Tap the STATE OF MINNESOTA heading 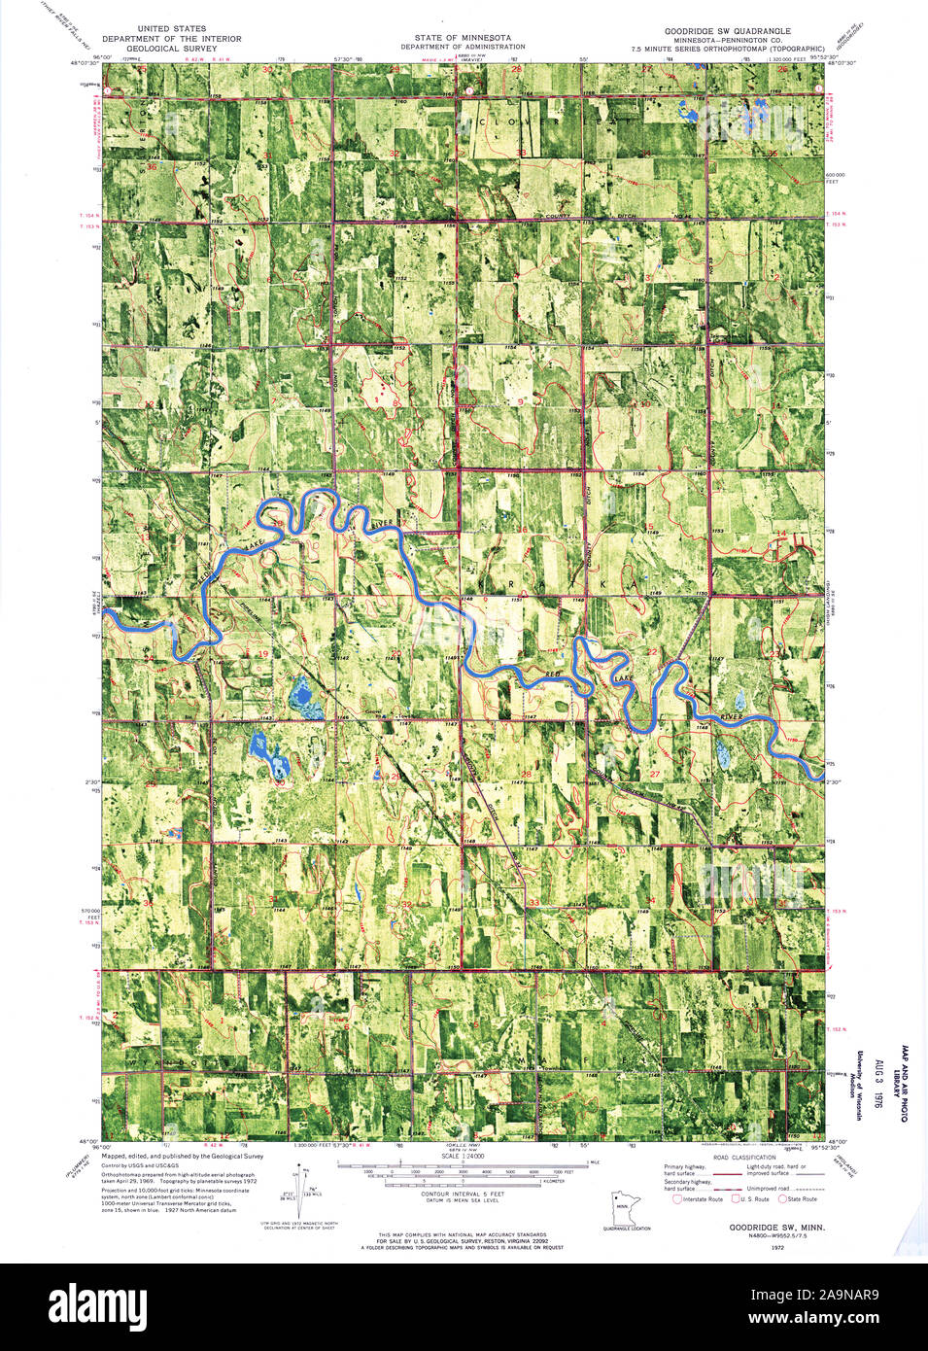(x=463, y=38)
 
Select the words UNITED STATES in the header (x=171, y=29)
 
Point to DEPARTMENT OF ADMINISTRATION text (x=463, y=47)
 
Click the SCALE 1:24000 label (x=463, y=1156)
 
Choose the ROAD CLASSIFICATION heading (x=744, y=1158)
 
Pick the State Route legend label (x=803, y=1199)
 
